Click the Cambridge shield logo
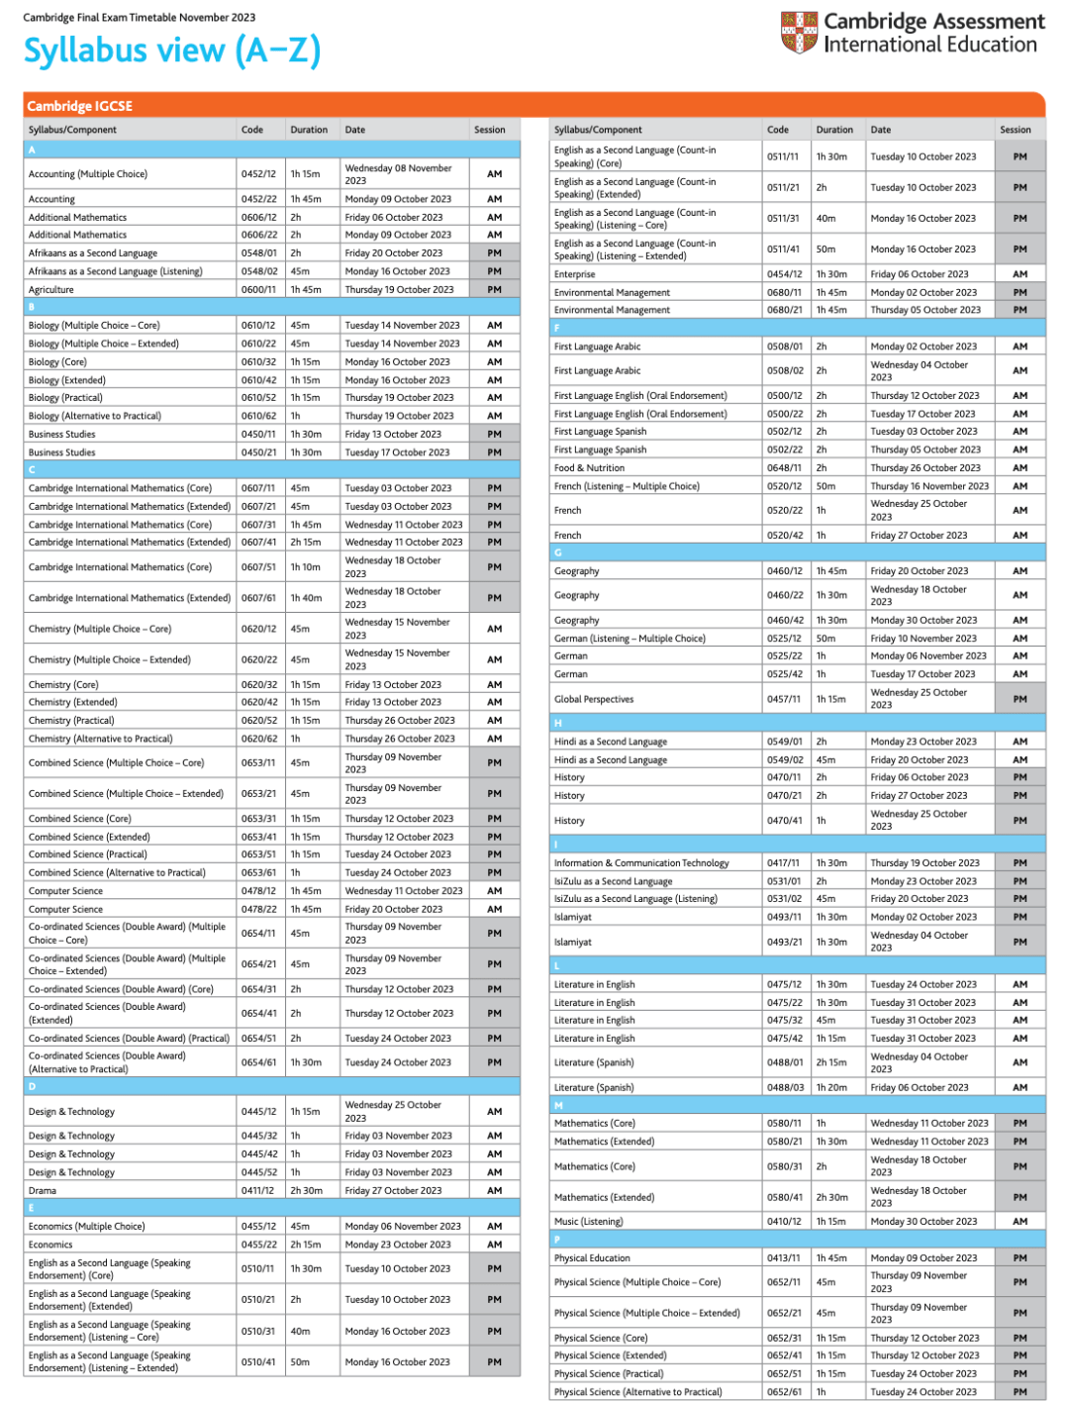799,32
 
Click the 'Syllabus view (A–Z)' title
172,50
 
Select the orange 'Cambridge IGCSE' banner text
80,106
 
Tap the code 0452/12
258,174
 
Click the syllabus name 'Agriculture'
51,290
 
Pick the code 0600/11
258,290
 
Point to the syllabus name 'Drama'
43,1191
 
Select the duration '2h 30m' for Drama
306,1191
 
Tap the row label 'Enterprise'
575,274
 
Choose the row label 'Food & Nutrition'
589,468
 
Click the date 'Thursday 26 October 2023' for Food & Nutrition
925,468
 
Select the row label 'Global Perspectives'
594,699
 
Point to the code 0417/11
784,863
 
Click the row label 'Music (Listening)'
589,1222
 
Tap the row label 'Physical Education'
592,1258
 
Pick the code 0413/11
784,1258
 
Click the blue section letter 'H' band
797,723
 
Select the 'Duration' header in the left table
309,130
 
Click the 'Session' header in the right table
1016,130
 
